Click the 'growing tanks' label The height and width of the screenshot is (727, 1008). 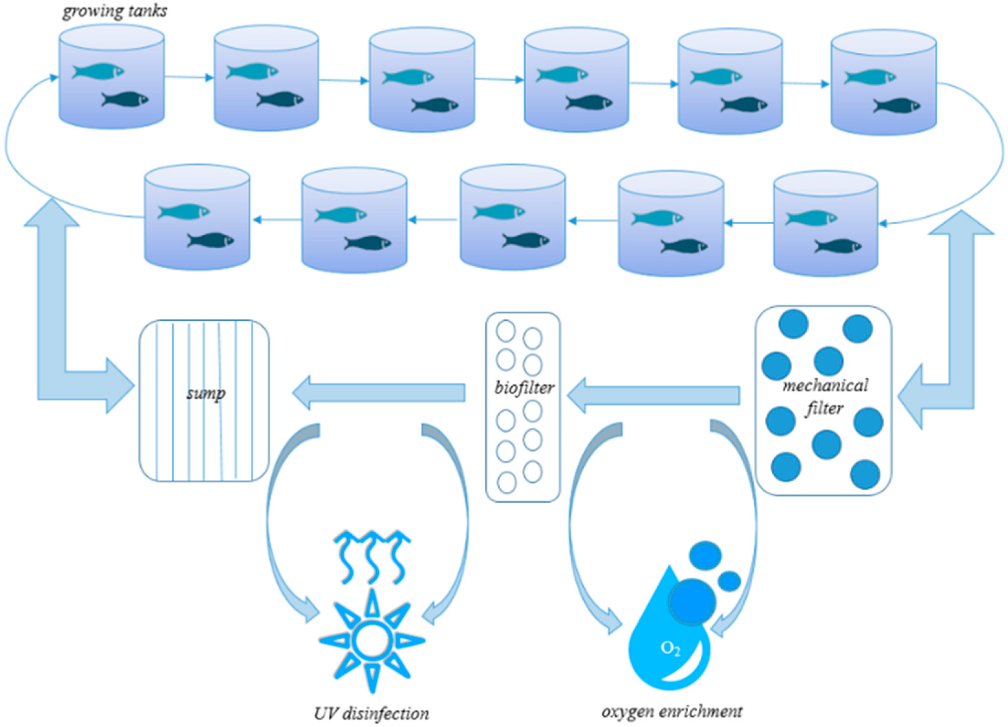click(115, 11)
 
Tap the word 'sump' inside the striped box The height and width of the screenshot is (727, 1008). click(205, 393)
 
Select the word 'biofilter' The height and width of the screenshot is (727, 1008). click(524, 388)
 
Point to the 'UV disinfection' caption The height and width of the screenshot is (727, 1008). click(372, 713)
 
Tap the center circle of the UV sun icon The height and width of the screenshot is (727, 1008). click(372, 641)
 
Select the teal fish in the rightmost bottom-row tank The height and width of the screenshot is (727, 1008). click(811, 218)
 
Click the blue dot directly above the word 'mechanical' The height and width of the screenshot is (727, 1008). click(828, 361)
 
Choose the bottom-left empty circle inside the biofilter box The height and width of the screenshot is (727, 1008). click(506, 482)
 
